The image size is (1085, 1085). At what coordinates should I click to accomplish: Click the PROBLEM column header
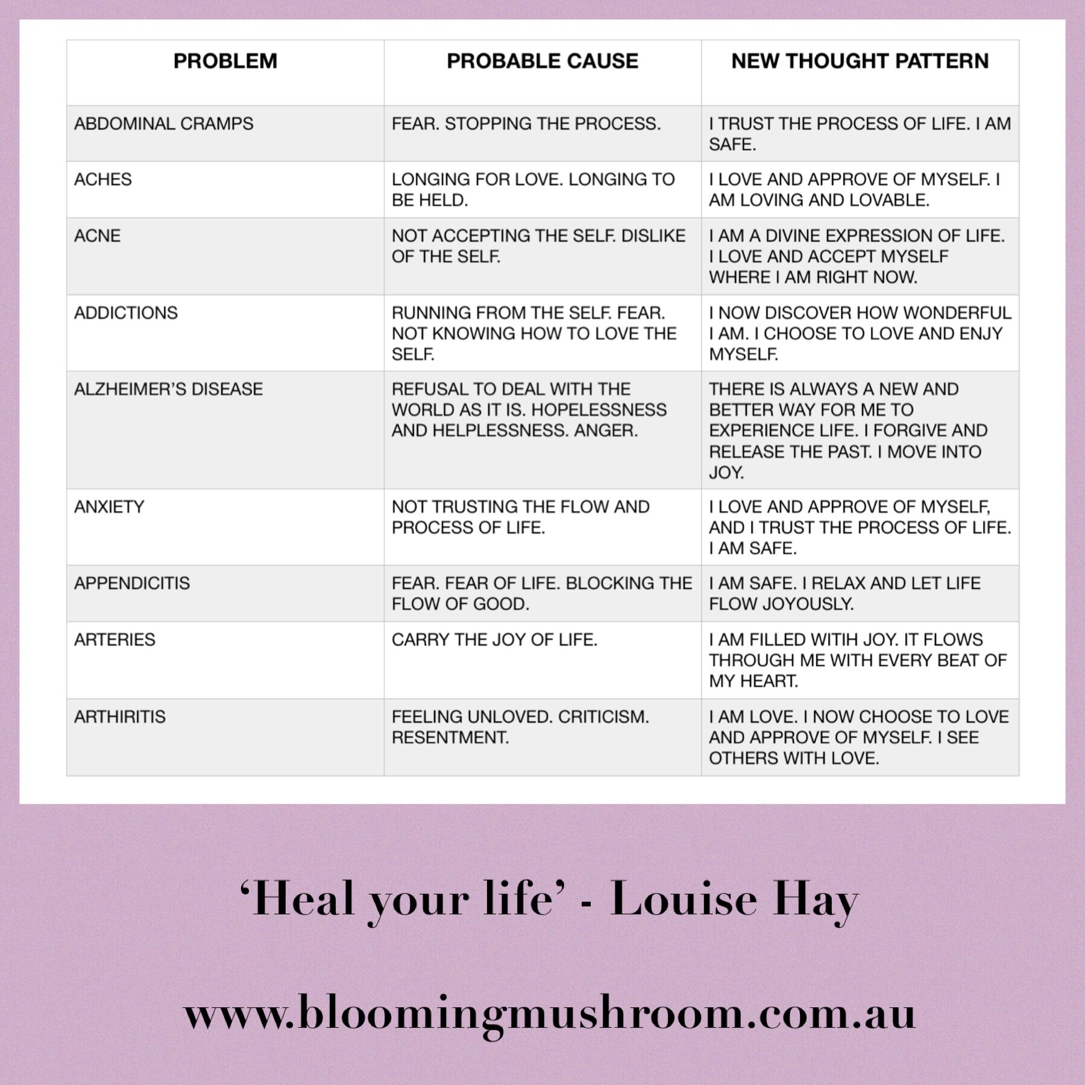225,61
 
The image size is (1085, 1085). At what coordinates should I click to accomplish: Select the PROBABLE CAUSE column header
542,61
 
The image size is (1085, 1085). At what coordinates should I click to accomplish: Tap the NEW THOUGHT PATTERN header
860,61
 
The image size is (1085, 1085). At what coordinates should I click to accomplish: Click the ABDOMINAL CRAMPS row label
163,124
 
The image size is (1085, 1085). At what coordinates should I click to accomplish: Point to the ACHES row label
102,180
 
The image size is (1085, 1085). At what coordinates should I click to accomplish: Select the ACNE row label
97,236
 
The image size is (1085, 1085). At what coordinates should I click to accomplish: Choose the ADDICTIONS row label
125,313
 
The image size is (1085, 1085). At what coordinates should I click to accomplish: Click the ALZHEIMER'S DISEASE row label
168,389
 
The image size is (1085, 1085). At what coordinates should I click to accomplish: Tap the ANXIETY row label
109,507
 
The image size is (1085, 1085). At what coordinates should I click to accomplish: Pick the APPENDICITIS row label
131,583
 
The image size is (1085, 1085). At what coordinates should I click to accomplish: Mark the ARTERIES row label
115,640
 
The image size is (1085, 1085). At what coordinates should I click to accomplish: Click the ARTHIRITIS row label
119,717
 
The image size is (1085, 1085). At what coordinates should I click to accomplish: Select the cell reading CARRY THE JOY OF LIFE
494,640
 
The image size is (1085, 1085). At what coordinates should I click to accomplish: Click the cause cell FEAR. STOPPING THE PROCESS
526,124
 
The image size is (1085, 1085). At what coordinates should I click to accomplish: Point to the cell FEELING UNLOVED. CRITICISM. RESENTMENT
520,727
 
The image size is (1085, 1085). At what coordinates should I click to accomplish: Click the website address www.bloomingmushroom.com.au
549,1014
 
